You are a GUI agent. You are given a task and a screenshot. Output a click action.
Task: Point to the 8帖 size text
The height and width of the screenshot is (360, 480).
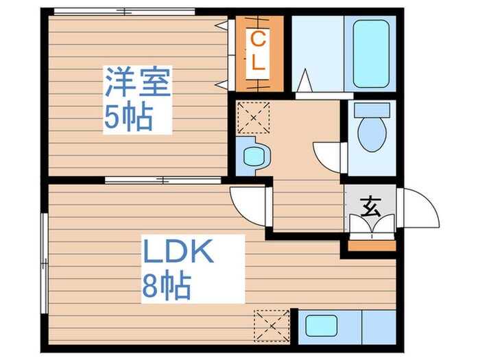pyautogui.click(x=166, y=285)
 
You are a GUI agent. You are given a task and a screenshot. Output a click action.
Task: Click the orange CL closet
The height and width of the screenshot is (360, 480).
pyautogui.click(x=258, y=53)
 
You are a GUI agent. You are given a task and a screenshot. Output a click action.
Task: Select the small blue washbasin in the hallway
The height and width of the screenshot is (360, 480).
pyautogui.click(x=252, y=156)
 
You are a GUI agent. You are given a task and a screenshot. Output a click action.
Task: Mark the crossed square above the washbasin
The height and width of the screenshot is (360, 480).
pyautogui.click(x=254, y=118)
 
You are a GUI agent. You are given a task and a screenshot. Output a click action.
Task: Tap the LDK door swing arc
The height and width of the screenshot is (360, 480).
pyautogui.click(x=247, y=206)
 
